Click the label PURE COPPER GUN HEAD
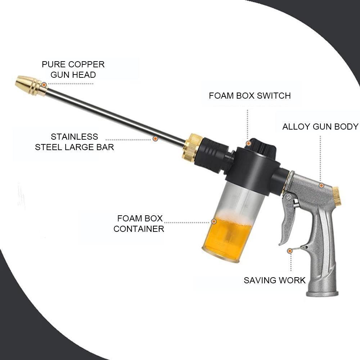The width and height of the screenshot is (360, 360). tap(73, 69)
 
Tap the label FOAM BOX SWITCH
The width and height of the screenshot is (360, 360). tap(249, 96)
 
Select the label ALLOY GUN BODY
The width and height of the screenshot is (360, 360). tap(320, 127)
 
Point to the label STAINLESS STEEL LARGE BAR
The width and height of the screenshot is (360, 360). tap(75, 142)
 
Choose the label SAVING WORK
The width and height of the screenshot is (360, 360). tap(274, 280)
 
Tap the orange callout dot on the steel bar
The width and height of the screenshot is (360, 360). tap(155, 138)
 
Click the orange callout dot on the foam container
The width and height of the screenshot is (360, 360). tap(214, 221)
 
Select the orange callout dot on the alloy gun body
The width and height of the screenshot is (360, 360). tap(321, 185)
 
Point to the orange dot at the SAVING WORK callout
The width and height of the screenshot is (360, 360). tap(289, 250)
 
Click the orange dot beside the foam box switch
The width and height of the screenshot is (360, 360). tap(248, 143)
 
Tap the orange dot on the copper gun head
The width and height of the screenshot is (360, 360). tap(44, 85)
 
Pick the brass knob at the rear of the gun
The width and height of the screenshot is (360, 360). tap(337, 196)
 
